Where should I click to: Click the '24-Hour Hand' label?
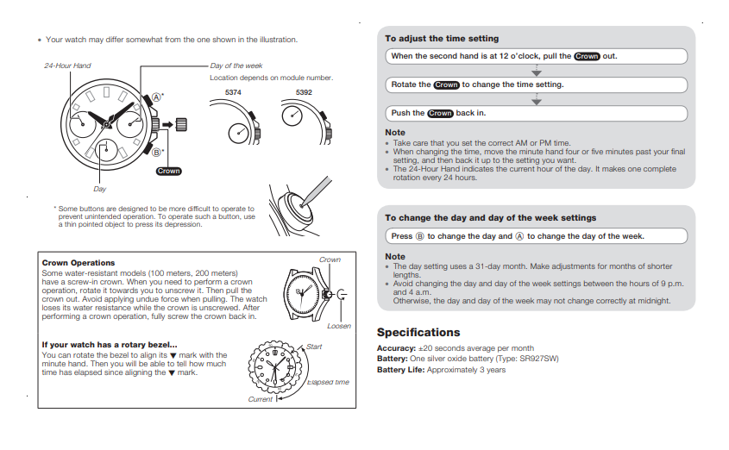[67, 66]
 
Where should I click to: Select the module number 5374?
[233, 91]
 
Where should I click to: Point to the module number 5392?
[304, 91]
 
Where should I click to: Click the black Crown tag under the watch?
[169, 172]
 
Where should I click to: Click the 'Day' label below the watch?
[100, 189]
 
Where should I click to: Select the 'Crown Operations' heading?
[79, 263]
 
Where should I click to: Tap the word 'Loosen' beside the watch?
[339, 326]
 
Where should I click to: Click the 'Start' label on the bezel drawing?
[314, 347]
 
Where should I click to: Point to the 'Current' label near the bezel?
[260, 399]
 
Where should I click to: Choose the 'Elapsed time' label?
[328, 382]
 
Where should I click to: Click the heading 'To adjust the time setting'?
[442, 39]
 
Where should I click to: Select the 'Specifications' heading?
[418, 333]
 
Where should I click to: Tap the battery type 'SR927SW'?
[539, 359]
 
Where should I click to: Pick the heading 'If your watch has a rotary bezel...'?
[110, 345]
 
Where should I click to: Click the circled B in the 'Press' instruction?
[420, 236]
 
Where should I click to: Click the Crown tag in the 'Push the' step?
[440, 113]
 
